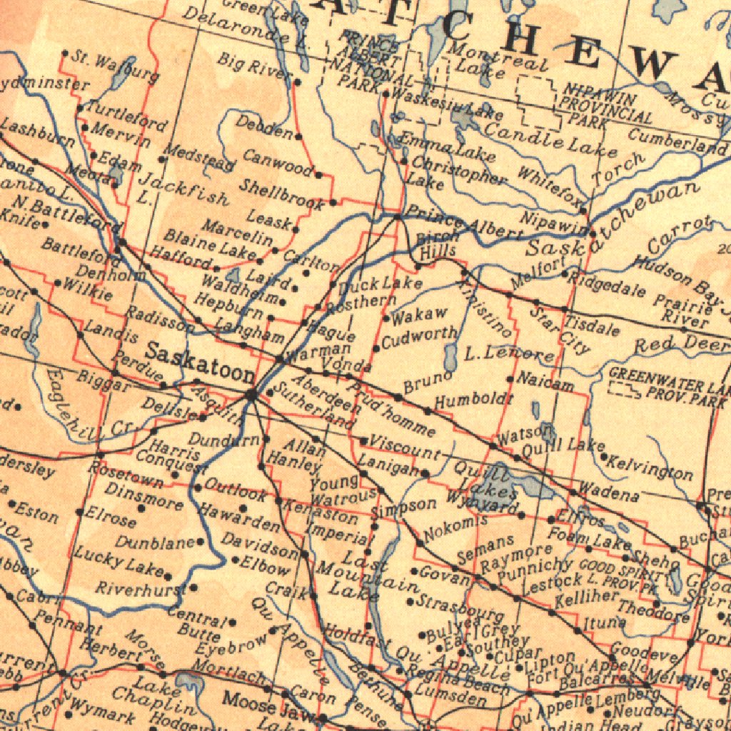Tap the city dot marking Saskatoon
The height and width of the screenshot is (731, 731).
pyautogui.click(x=251, y=393)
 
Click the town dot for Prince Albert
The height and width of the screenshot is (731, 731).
pyautogui.click(x=398, y=217)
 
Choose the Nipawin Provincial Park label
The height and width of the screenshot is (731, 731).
pyautogui.click(x=607, y=104)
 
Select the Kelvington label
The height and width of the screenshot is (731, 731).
pyautogui.click(x=650, y=467)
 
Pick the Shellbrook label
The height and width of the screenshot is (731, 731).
pyautogui.click(x=281, y=194)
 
